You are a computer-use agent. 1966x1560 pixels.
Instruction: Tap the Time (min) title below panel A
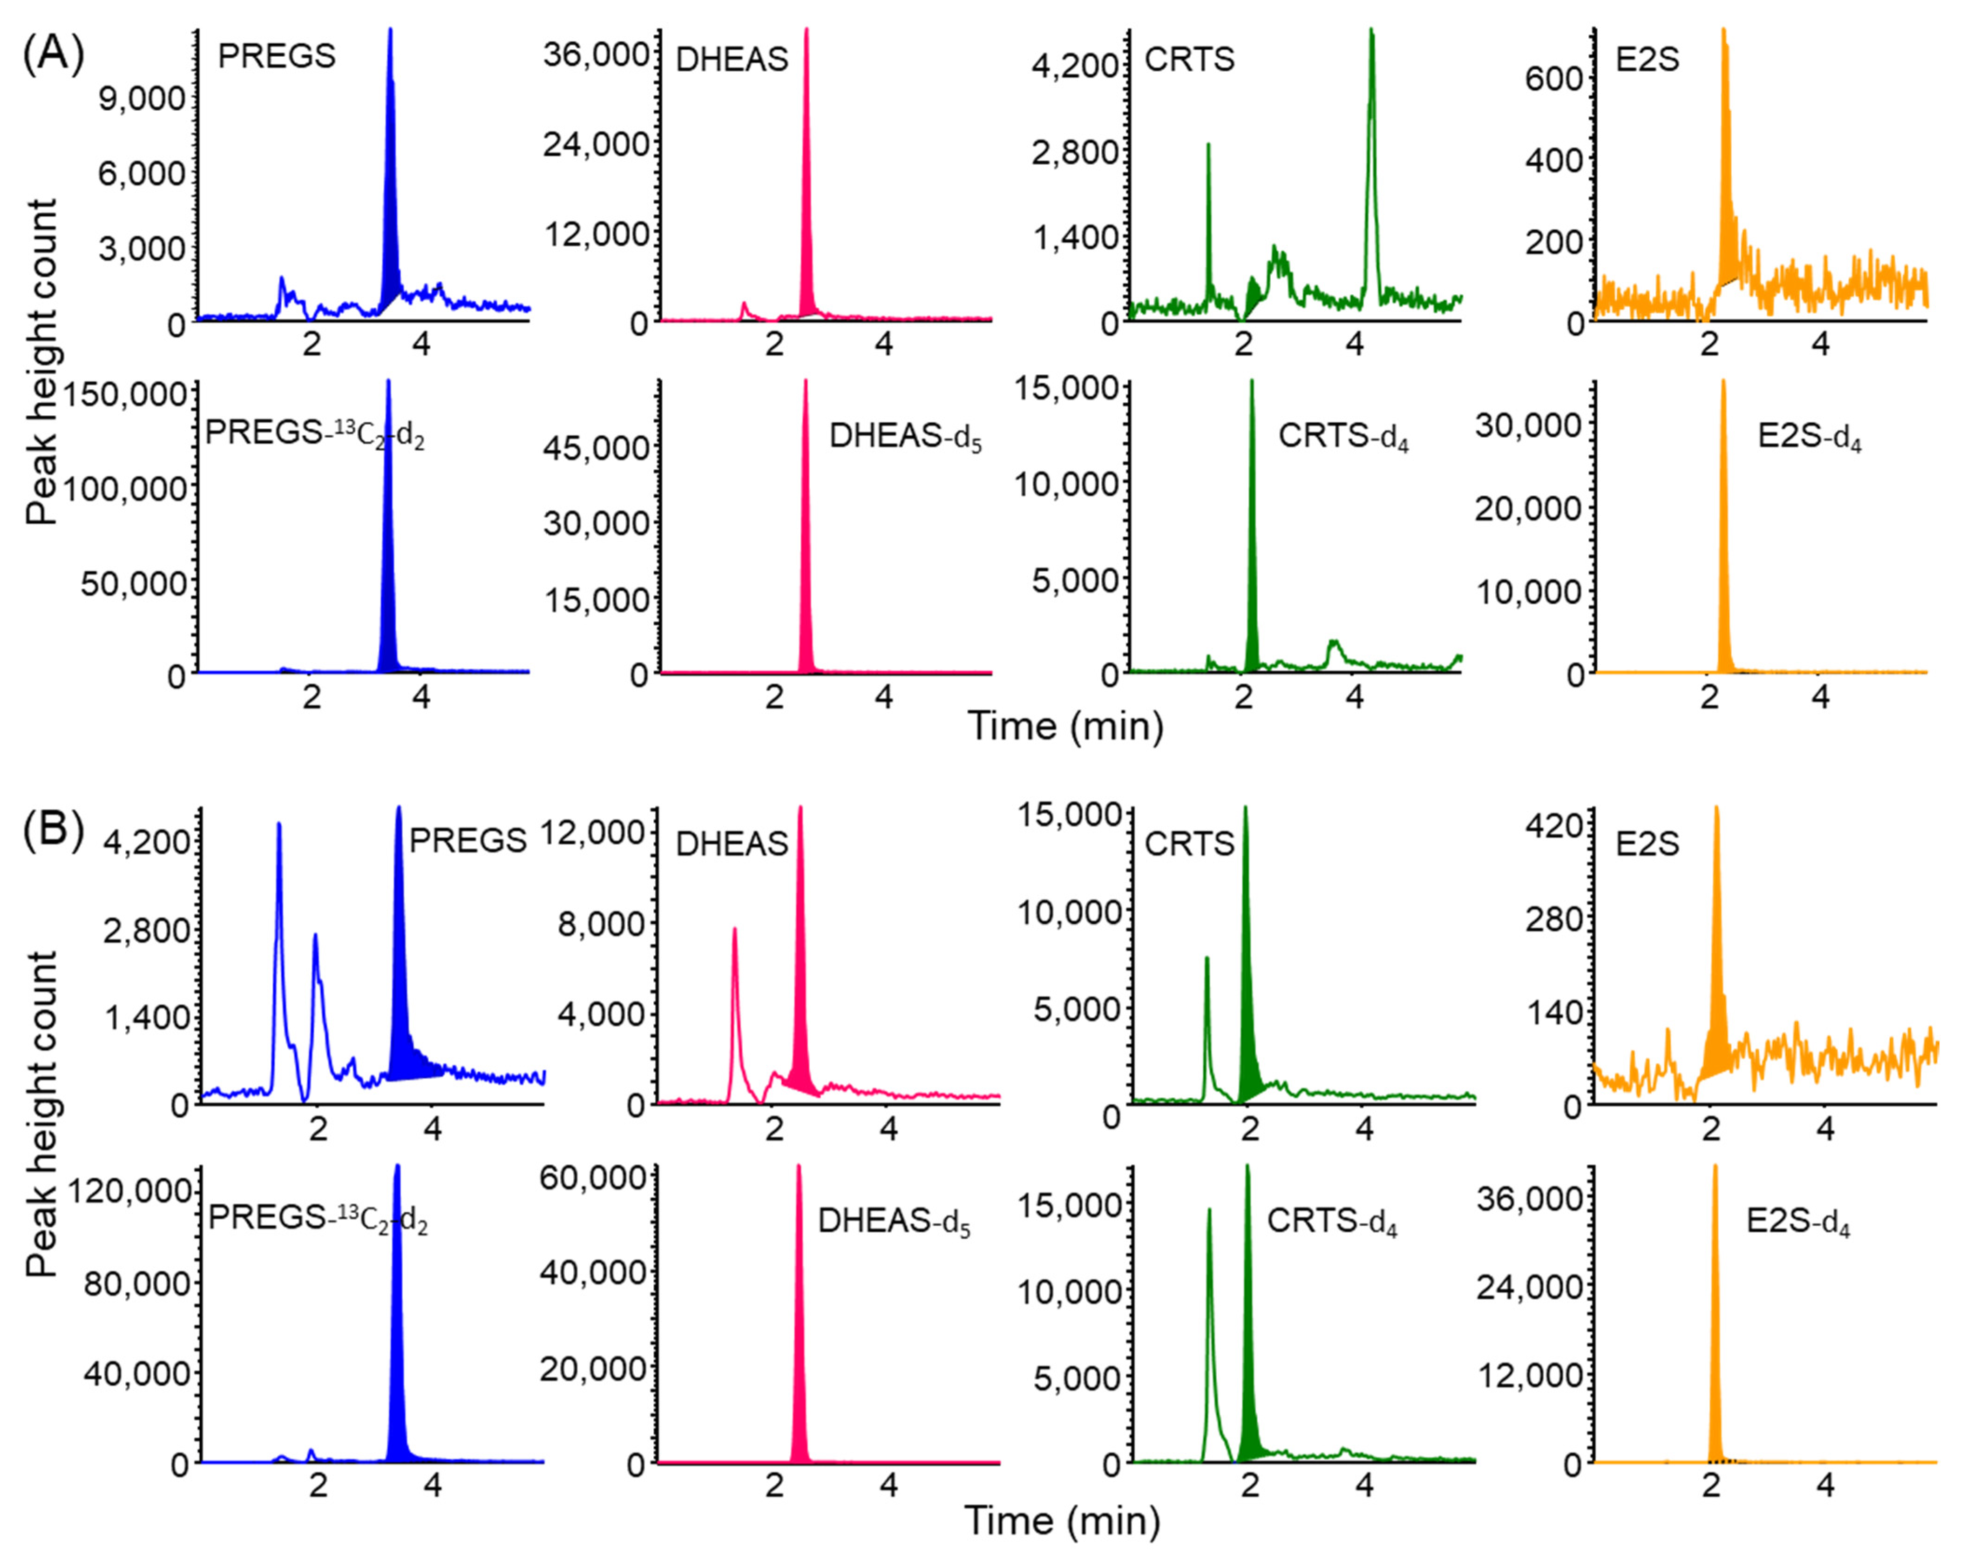coord(1065,727)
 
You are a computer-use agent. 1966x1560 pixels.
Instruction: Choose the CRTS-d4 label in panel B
coord(1331,1222)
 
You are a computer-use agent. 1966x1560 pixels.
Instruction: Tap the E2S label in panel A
coord(1647,59)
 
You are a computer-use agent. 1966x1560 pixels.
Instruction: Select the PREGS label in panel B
coord(467,840)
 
